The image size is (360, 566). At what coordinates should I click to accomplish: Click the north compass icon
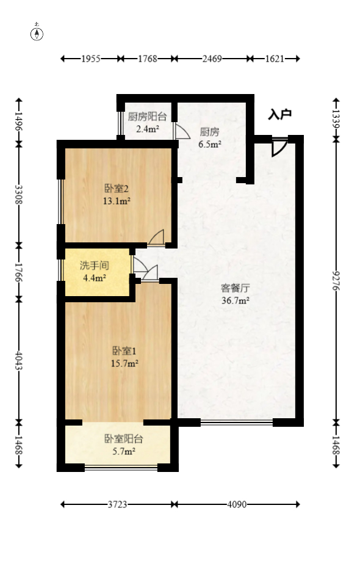(x=37, y=34)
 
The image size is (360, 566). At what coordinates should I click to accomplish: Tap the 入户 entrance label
(x=280, y=114)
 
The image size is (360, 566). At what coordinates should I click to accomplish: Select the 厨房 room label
(x=209, y=131)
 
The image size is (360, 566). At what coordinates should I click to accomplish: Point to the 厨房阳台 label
(x=147, y=116)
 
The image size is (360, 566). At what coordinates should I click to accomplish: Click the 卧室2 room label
(x=116, y=187)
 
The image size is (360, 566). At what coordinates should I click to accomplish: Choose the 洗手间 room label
(x=95, y=266)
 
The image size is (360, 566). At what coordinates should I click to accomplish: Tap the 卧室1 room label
(x=124, y=350)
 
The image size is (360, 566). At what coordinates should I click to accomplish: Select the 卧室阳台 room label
(x=124, y=438)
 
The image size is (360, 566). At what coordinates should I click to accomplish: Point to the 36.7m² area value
(x=235, y=300)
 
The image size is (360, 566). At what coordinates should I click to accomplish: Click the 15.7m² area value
(x=124, y=363)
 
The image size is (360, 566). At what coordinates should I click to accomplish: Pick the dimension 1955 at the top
(x=91, y=59)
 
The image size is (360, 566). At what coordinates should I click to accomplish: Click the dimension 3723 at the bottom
(x=118, y=504)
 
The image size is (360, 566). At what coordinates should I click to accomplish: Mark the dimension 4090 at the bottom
(x=237, y=504)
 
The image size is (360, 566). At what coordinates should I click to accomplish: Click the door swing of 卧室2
(x=157, y=238)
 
